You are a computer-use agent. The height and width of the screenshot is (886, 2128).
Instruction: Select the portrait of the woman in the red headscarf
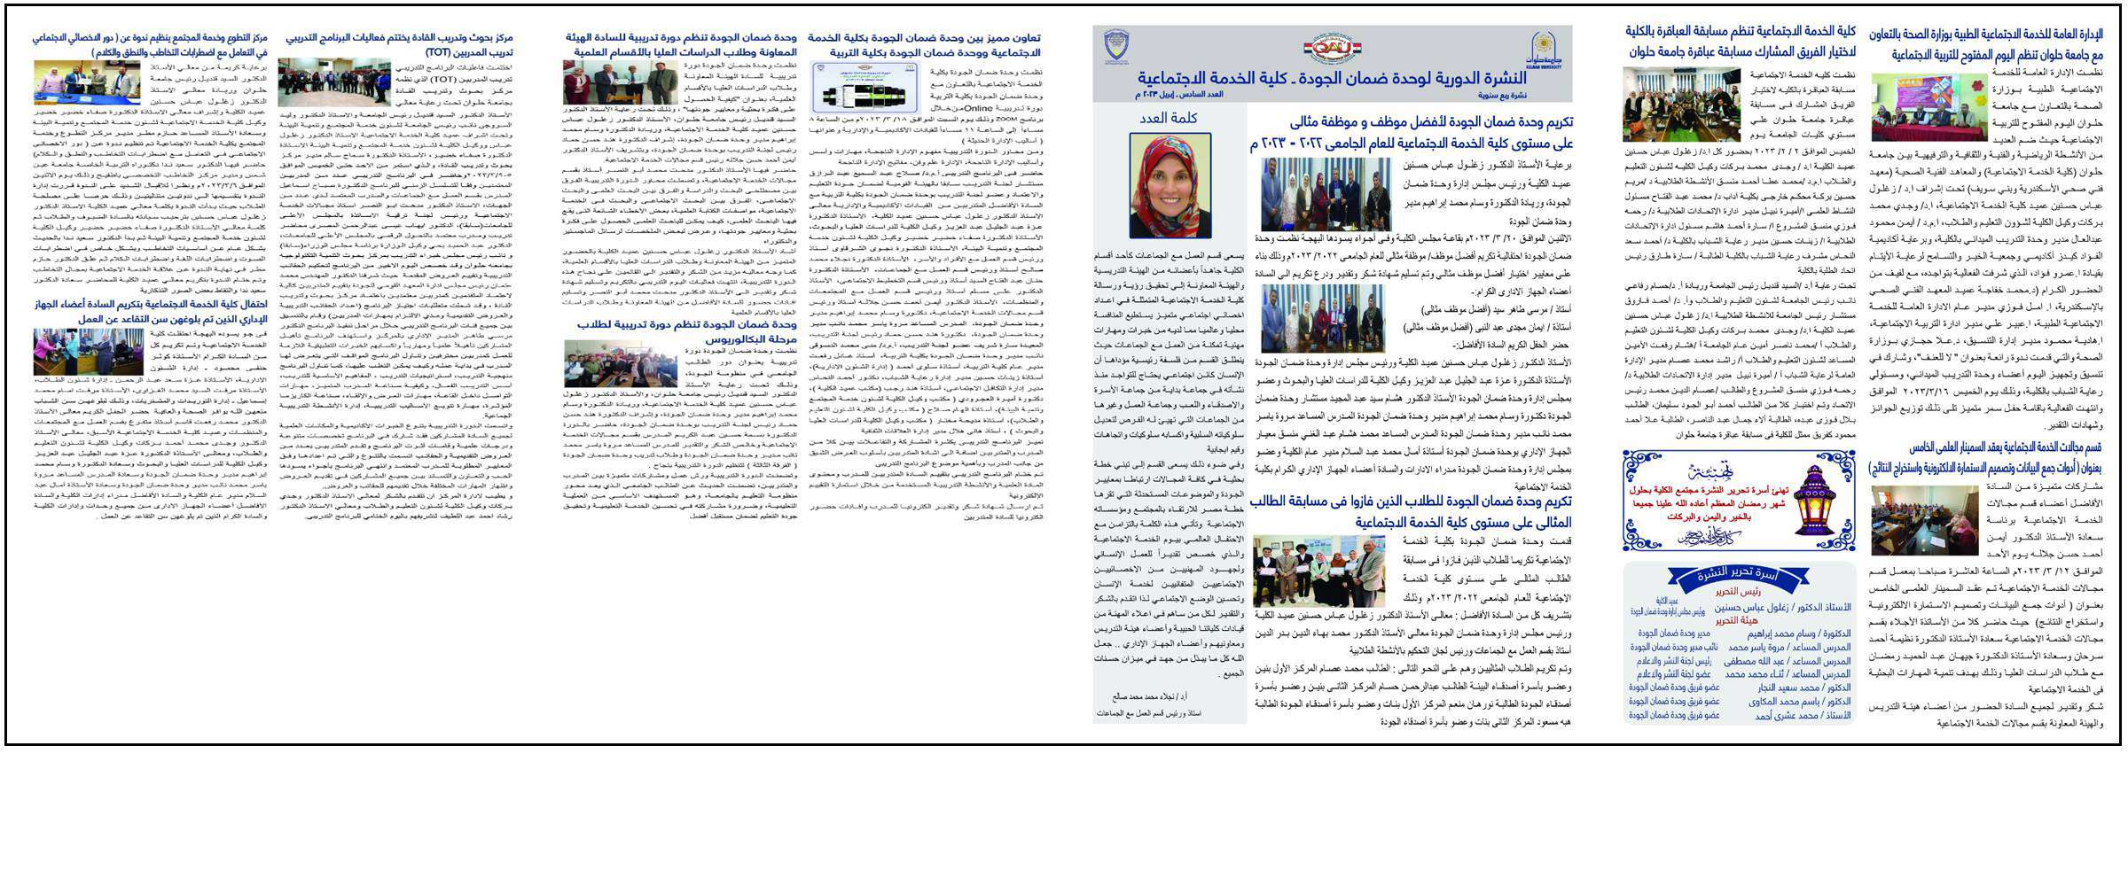1170,186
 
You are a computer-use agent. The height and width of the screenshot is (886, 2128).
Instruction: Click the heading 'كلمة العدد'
1170,118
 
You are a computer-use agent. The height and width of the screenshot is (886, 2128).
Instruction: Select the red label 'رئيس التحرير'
1738,591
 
